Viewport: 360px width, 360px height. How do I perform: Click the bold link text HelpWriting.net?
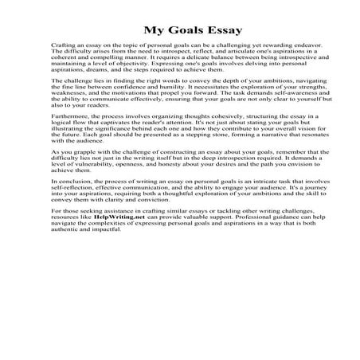click(108, 284)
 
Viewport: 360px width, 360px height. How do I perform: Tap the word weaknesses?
click(68, 103)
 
